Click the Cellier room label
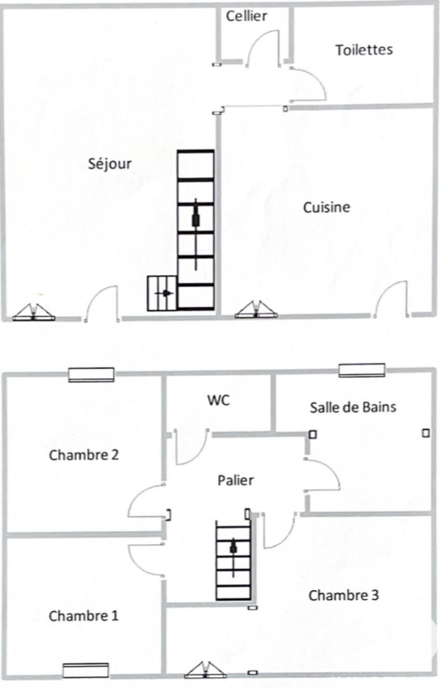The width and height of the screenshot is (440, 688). (246, 16)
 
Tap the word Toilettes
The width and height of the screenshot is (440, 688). (364, 50)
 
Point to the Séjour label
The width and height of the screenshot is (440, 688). (109, 163)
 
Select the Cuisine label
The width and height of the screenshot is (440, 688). (326, 208)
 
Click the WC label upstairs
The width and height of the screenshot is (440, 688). (218, 400)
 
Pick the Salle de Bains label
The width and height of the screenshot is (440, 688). (353, 407)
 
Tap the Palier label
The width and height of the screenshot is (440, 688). (236, 480)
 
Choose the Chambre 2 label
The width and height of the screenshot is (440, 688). (84, 455)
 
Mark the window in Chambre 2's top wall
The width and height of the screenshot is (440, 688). (91, 375)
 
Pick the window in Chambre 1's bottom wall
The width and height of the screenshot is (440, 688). (86, 671)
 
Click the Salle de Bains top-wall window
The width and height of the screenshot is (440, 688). (362, 370)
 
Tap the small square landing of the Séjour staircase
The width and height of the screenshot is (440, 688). (162, 293)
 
